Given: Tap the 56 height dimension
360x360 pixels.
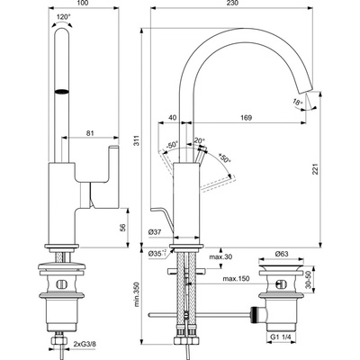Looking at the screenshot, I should pos(123,229).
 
